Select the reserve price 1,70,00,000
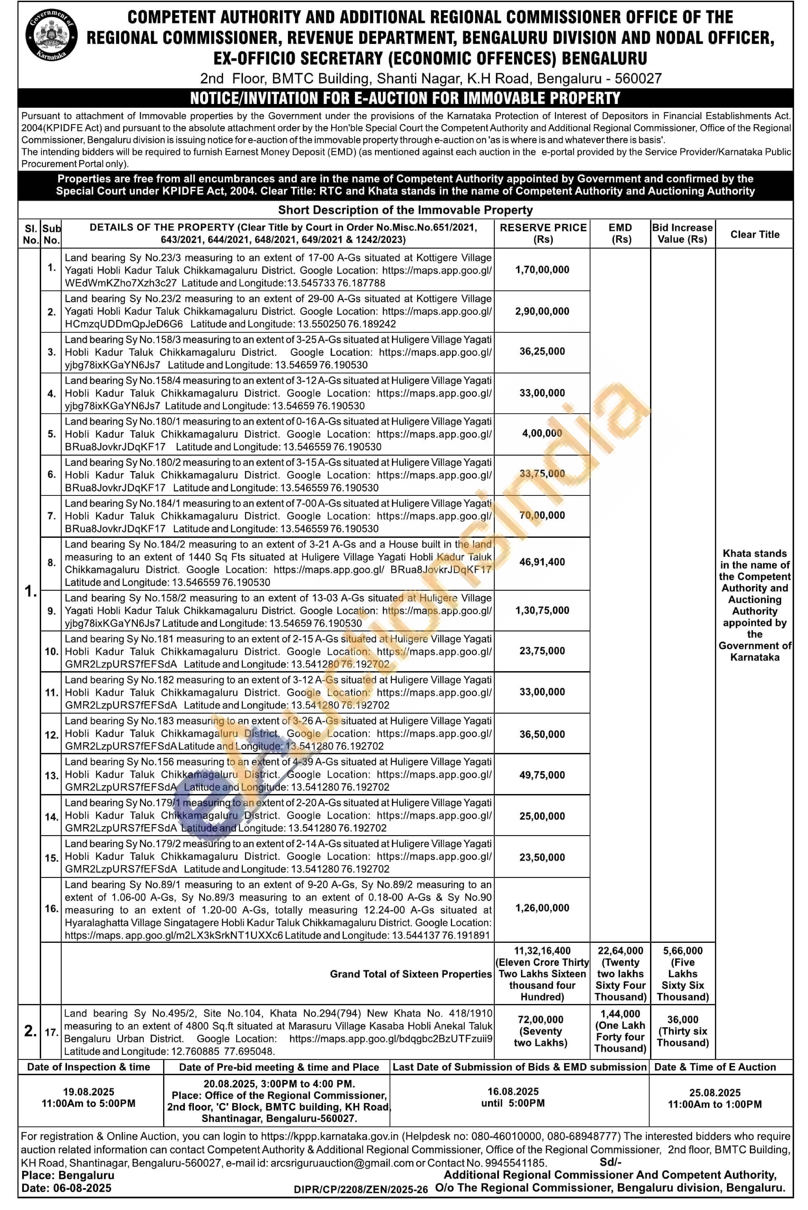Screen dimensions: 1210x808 pyautogui.click(x=542, y=270)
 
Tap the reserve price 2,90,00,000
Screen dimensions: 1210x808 pyautogui.click(x=542, y=311)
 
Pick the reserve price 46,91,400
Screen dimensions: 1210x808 pyautogui.click(x=542, y=562)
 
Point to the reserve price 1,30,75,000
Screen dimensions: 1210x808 pyautogui.click(x=542, y=610)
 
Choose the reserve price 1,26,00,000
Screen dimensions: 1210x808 pyautogui.click(x=542, y=908)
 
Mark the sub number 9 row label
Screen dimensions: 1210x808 pyautogui.click(x=51, y=611)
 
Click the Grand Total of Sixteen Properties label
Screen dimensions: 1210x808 pyautogui.click(x=411, y=974)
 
